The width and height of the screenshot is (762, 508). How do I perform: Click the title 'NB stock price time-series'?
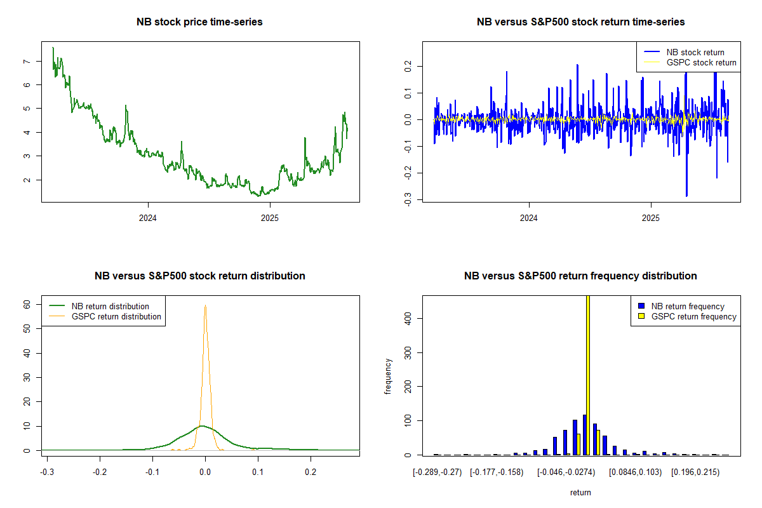pyautogui.click(x=199, y=22)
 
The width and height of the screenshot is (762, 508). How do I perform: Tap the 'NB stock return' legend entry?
pyautogui.click(x=695, y=52)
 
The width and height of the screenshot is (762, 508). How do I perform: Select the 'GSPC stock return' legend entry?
pyautogui.click(x=701, y=62)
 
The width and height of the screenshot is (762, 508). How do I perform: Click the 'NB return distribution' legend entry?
pyautogui.click(x=110, y=306)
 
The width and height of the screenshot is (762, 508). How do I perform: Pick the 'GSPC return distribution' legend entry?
pyautogui.click(x=116, y=316)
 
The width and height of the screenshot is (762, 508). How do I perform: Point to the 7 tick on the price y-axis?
pyautogui.click(x=25, y=61)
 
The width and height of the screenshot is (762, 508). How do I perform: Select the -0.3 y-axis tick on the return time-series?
pyautogui.click(x=406, y=201)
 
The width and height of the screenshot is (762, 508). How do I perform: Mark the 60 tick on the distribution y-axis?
pyautogui.click(x=27, y=305)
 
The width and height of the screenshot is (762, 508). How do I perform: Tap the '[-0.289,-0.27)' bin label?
pyautogui.click(x=438, y=472)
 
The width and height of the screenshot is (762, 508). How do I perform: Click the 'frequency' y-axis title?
pyautogui.click(x=388, y=376)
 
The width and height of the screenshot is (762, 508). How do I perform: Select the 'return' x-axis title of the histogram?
pyautogui.click(x=580, y=492)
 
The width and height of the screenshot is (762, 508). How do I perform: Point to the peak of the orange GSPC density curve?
pyautogui.click(x=205, y=305)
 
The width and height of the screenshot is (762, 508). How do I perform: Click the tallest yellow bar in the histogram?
pyautogui.click(x=588, y=375)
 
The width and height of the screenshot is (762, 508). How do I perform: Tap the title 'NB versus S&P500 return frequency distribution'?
pyautogui.click(x=580, y=276)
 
